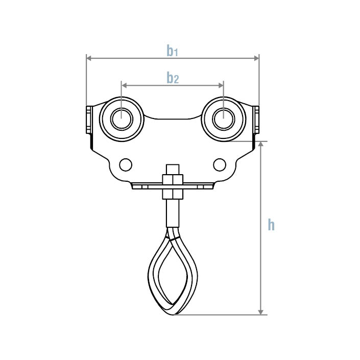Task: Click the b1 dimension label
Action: (x=172, y=51)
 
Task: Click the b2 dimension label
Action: (x=173, y=78)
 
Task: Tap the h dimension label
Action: (x=271, y=225)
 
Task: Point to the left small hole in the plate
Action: (x=125, y=164)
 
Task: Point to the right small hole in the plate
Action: (x=220, y=164)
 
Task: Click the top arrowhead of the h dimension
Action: (x=261, y=145)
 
